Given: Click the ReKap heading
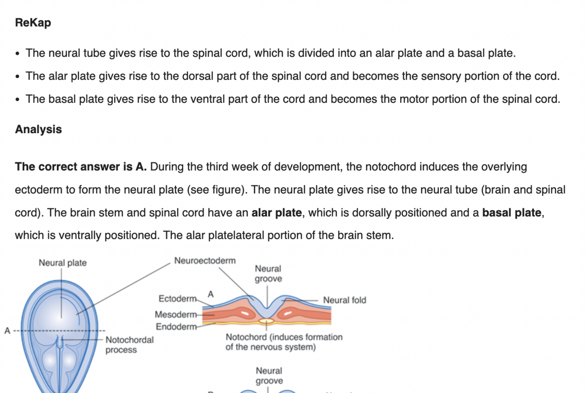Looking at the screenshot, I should [x=33, y=22].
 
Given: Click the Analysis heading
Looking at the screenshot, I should [x=38, y=130].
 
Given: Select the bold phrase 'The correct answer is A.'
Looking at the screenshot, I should [x=81, y=167].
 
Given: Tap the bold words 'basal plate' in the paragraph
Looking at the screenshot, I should [x=511, y=213].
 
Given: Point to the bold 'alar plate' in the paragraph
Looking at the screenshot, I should [x=276, y=213].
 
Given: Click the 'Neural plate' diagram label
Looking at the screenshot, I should [x=62, y=263].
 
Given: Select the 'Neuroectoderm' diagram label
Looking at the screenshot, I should [x=205, y=261].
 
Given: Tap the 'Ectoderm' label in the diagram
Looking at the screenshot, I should [x=177, y=299].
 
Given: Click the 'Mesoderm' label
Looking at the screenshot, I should [x=176, y=315].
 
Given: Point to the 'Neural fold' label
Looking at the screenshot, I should [x=344, y=300].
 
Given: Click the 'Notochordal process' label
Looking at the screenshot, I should [x=130, y=345].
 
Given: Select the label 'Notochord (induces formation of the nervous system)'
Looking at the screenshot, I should [x=284, y=342].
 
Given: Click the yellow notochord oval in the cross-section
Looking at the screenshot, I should [x=266, y=321].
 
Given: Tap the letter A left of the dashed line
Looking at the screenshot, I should [x=7, y=331].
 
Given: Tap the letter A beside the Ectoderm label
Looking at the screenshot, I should [x=210, y=294].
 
